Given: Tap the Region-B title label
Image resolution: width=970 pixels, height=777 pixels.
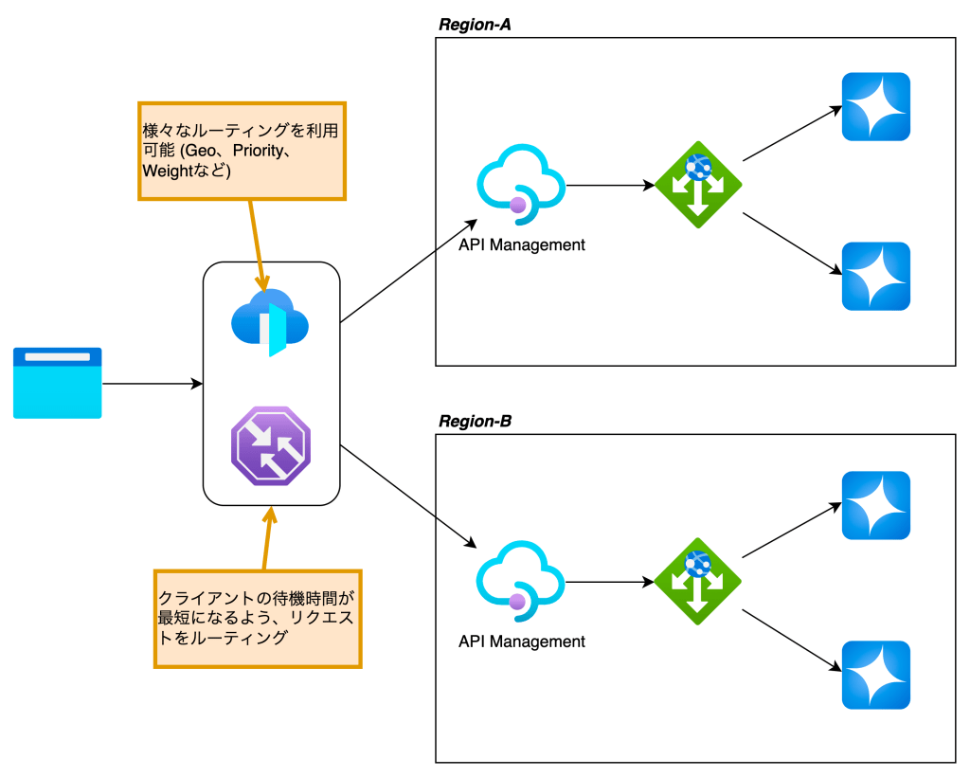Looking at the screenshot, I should (475, 421).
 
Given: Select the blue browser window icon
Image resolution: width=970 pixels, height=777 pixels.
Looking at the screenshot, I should (57, 383).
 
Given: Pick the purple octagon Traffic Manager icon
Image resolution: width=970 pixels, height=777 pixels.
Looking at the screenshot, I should (271, 445).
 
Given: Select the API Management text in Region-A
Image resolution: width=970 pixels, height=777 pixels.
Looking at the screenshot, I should (522, 244).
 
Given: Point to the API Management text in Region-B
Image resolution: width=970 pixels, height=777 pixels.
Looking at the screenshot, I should (522, 641).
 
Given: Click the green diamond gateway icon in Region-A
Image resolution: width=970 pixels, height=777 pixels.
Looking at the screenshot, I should (698, 185).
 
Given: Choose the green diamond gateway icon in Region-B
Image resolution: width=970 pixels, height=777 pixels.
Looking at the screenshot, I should (698, 581).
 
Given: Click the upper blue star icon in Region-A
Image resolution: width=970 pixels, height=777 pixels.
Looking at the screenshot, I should (876, 107).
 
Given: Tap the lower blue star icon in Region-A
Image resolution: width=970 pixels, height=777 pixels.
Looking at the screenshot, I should (876, 276).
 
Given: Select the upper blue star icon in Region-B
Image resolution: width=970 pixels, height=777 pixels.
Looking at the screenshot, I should (876, 505).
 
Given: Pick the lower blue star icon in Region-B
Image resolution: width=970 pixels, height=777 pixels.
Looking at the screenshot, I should (876, 675).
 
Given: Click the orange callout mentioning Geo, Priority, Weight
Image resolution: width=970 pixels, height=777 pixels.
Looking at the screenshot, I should (242, 150).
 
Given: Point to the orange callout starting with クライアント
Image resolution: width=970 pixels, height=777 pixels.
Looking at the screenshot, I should (258, 618).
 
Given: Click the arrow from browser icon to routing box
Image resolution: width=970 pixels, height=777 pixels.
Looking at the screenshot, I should (152, 384).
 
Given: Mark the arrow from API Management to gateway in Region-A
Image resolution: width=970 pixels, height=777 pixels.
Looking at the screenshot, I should (609, 186).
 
